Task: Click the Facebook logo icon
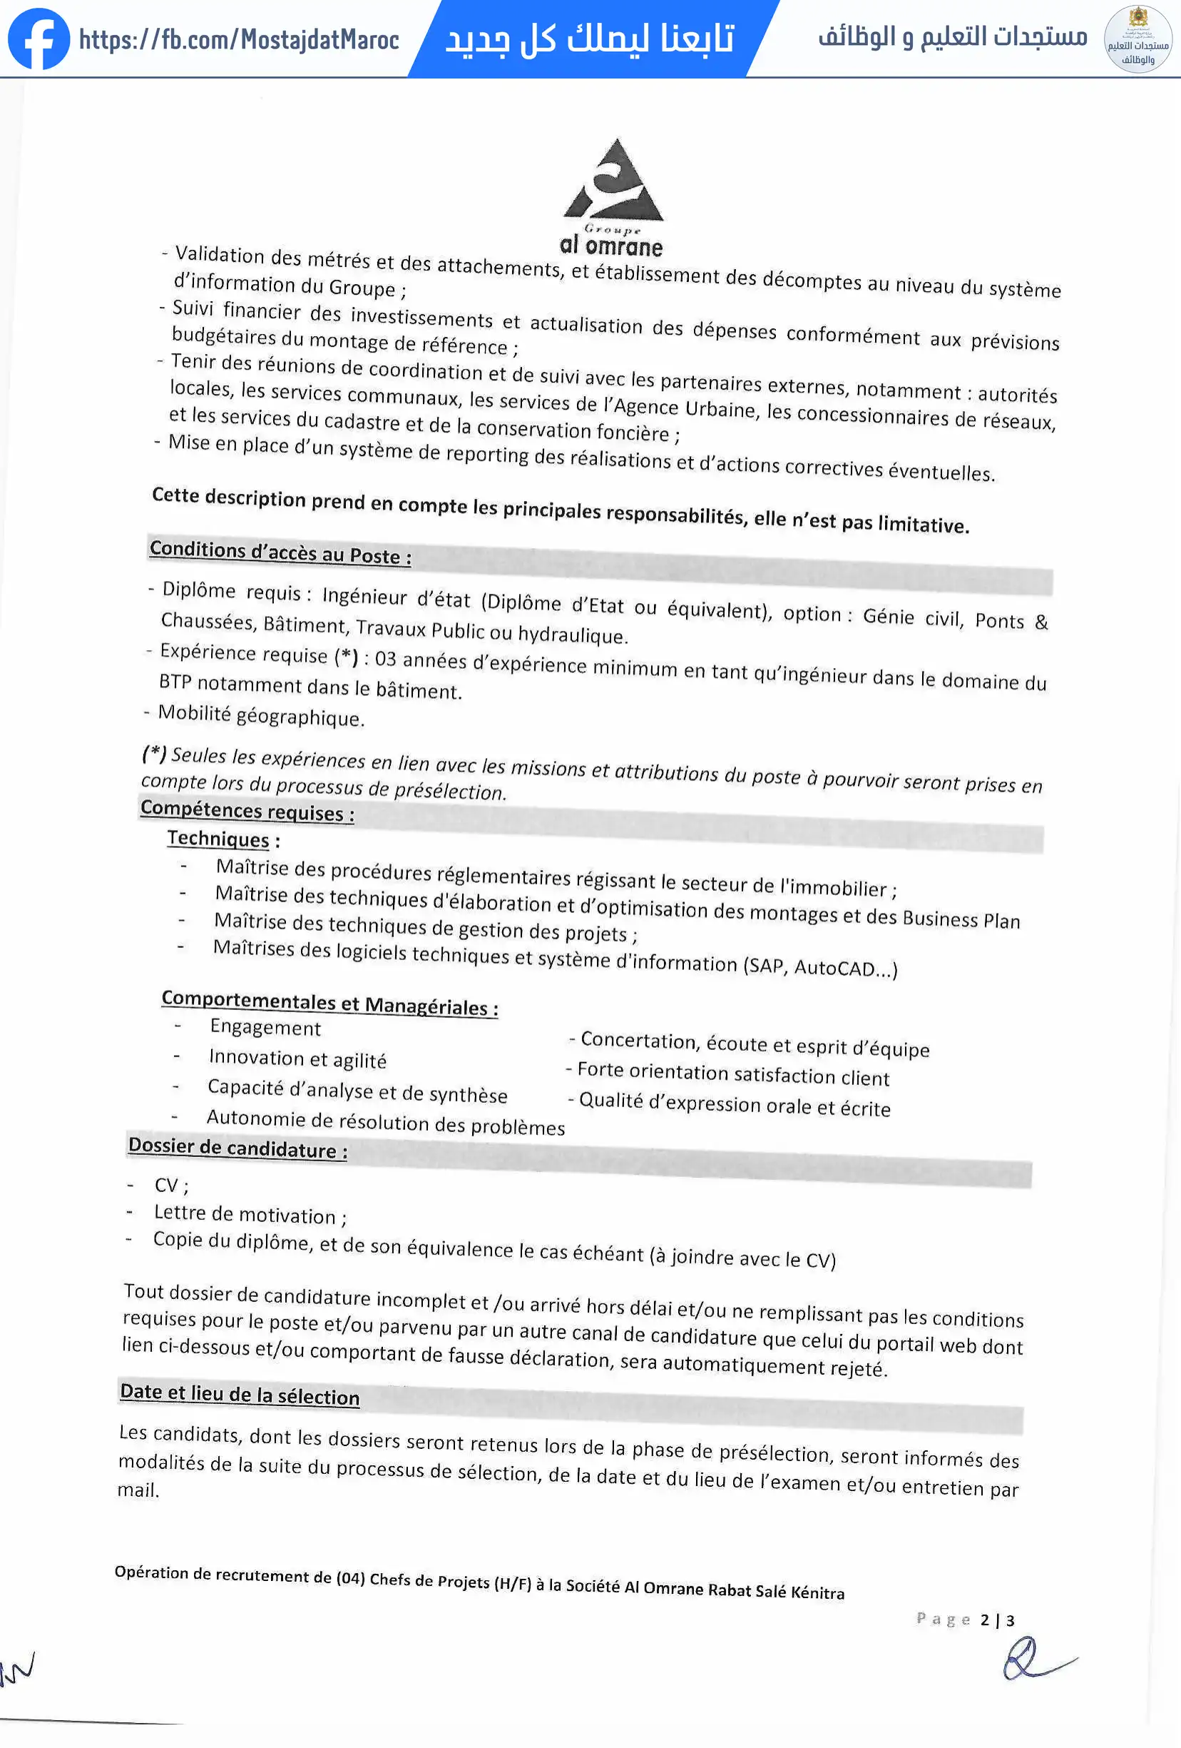coord(39,39)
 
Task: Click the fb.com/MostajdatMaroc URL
coord(239,40)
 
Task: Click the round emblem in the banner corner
coord(1137,39)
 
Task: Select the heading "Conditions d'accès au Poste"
coord(280,552)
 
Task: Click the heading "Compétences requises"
coord(247,810)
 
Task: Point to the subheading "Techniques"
coord(218,838)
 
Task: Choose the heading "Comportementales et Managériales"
coord(329,1003)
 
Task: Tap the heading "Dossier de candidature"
coord(237,1148)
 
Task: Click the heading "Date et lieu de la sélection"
coord(240,1394)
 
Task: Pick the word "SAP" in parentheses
coord(765,964)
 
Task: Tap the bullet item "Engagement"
coord(265,1027)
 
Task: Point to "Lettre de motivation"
coord(245,1214)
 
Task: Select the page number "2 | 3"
coord(997,1620)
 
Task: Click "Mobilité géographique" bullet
coord(261,715)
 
